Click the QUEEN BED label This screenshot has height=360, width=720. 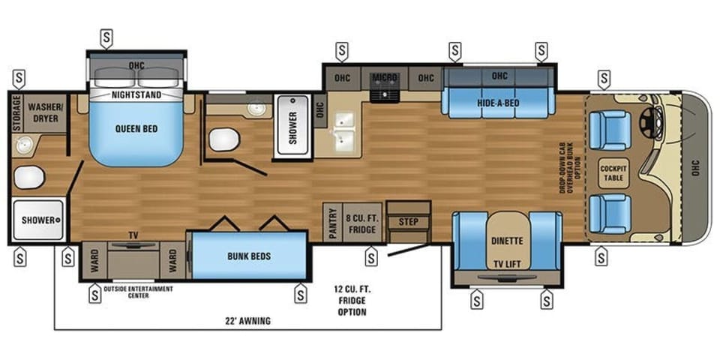pyautogui.click(x=136, y=128)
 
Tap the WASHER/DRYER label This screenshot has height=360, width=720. pyautogui.click(x=44, y=112)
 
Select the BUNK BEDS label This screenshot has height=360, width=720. pyautogui.click(x=248, y=256)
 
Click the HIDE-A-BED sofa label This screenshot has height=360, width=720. pyautogui.click(x=499, y=103)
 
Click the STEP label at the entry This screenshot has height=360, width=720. pyautogui.click(x=408, y=222)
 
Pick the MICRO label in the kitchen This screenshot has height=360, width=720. pyautogui.click(x=385, y=78)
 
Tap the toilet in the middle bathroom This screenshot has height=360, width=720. pyautogui.click(x=223, y=139)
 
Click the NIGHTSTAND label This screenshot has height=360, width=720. pyautogui.click(x=136, y=95)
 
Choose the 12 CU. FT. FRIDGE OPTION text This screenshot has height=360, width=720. pyautogui.click(x=351, y=300)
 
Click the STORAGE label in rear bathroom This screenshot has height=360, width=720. pyautogui.click(x=16, y=112)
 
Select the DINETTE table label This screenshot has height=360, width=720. pyautogui.click(x=507, y=241)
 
